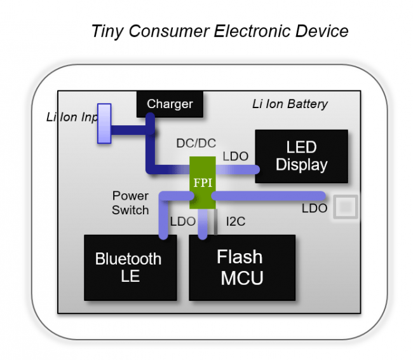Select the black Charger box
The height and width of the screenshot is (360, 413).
170,104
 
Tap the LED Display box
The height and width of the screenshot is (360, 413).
301,156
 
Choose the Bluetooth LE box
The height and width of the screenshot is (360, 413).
130,268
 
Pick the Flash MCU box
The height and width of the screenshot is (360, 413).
241,268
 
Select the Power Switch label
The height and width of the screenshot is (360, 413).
130,203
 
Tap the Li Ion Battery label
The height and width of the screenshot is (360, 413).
290,104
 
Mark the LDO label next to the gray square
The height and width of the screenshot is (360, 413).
315,208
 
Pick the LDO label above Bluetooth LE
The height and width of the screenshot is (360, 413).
182,221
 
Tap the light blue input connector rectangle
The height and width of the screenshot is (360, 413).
104,124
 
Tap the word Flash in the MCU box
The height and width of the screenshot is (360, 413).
240,257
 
